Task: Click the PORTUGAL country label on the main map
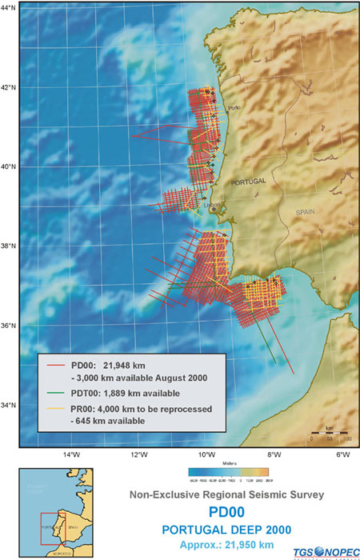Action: (246, 182)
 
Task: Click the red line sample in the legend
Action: (54, 366)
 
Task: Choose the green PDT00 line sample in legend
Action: (54, 393)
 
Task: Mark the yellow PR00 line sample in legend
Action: (54, 409)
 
